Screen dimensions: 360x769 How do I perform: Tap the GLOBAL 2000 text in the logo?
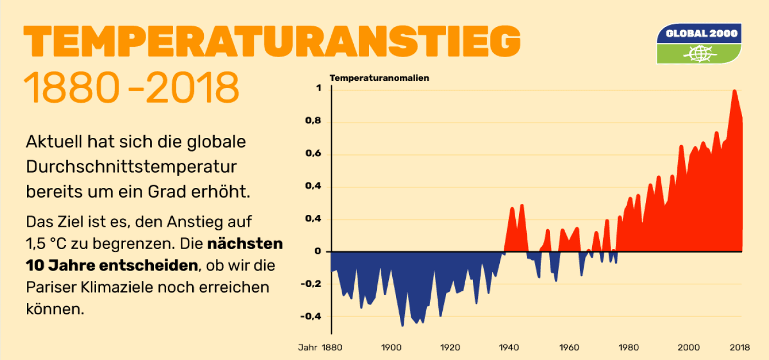pos(699,34)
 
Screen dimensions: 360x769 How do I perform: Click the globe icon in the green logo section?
pos(698,54)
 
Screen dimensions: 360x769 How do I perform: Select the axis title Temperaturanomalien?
pos(379,78)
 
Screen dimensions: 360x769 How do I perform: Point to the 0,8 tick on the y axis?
pos(313,122)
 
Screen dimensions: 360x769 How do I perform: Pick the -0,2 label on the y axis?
pos(310,284)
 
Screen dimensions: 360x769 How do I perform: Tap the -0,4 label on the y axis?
pos(310,317)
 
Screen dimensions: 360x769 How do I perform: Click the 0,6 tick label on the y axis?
pos(313,154)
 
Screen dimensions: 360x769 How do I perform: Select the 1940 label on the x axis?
pos(509,347)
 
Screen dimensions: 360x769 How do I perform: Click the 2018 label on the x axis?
pos(740,347)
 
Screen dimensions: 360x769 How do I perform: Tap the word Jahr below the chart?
pos(307,347)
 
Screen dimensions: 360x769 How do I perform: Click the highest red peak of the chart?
pos(734,91)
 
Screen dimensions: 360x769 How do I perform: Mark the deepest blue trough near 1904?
pos(402,326)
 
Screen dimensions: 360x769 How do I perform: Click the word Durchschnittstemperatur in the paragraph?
pos(131,167)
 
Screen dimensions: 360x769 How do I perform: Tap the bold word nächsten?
pos(245,243)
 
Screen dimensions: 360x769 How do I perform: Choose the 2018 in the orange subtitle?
pos(192,88)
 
